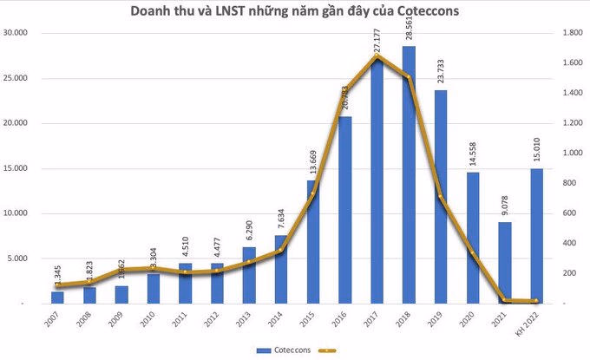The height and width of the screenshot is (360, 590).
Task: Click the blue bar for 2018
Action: click(409, 173)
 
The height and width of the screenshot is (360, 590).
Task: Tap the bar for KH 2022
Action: click(536, 235)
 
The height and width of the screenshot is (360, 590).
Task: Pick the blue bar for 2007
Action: click(57, 297)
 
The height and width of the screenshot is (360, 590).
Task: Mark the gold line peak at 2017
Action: click(377, 57)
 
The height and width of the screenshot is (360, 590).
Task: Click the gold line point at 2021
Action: click(504, 300)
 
